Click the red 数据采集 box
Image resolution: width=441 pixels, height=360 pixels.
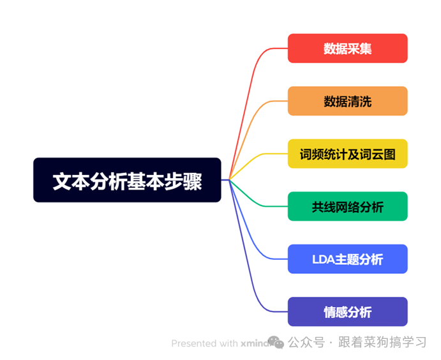point(347,49)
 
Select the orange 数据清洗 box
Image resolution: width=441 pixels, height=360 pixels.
point(347,101)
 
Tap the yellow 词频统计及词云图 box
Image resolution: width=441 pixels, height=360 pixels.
point(347,154)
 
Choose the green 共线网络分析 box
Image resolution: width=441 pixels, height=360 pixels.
point(347,206)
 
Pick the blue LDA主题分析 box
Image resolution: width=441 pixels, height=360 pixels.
point(347,259)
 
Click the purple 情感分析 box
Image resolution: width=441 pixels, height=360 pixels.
point(347,312)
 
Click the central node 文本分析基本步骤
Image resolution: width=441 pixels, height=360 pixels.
point(127,181)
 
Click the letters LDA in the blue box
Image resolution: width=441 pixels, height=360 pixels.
point(323,259)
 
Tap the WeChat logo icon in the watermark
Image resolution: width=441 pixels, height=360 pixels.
point(276,343)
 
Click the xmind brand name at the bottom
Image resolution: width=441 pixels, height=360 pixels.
point(253,343)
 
